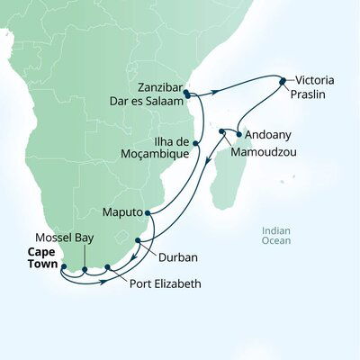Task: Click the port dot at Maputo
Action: pos(148,213)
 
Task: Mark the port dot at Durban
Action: pos(137,240)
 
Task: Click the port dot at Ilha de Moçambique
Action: pos(195,141)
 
